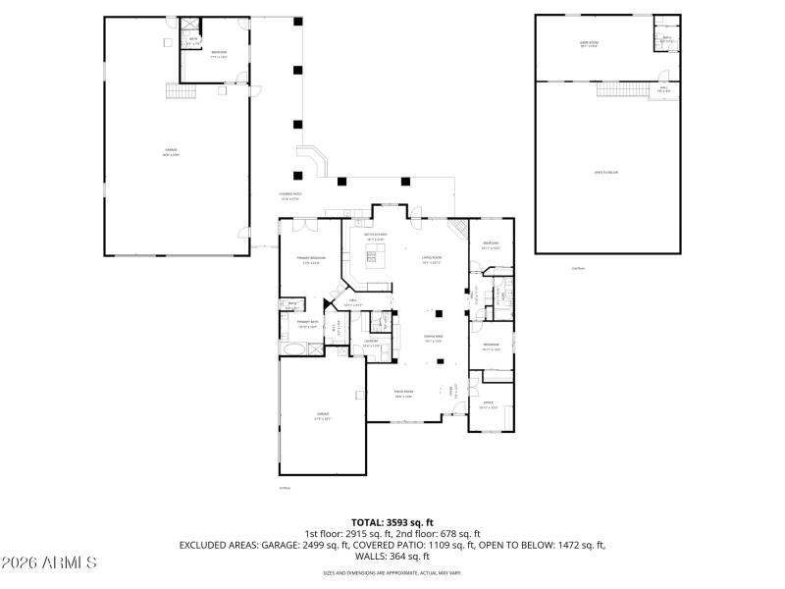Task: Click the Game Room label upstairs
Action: (x=589, y=44)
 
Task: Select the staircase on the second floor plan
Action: (x=621, y=89)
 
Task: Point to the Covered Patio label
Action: (x=290, y=195)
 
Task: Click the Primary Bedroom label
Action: (x=311, y=260)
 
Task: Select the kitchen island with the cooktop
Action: (x=374, y=259)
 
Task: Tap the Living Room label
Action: (x=432, y=260)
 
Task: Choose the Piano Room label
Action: (x=402, y=396)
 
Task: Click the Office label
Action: (x=488, y=404)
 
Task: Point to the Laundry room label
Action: (x=371, y=343)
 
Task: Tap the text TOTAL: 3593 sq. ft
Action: (x=392, y=522)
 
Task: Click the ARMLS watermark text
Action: (x=49, y=563)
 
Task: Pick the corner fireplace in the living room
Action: (x=456, y=229)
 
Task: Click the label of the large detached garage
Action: (x=171, y=153)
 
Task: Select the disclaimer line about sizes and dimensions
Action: (x=392, y=572)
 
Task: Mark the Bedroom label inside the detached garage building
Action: (x=218, y=54)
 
